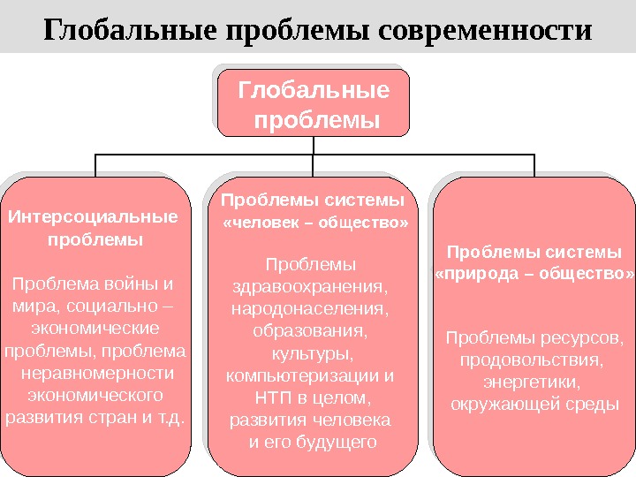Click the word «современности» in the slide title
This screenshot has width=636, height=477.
pos(484,31)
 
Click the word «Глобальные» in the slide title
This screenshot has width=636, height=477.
pos(132,31)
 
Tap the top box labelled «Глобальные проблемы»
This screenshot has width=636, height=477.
pos(314,102)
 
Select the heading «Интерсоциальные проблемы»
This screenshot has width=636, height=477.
pos(92,227)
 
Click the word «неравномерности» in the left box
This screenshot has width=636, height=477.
pos(97,373)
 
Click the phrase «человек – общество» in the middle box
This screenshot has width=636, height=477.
pos(317,223)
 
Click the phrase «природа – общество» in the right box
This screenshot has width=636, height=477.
pos(535,274)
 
